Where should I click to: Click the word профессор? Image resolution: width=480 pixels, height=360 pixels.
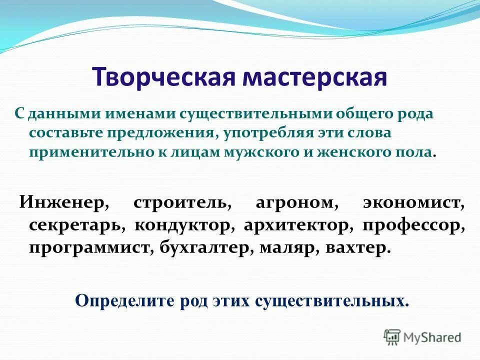tap(413, 225)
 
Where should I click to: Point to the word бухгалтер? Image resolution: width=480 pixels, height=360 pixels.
tap(207, 247)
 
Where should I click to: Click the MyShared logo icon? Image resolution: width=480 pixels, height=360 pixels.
tap(391, 337)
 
